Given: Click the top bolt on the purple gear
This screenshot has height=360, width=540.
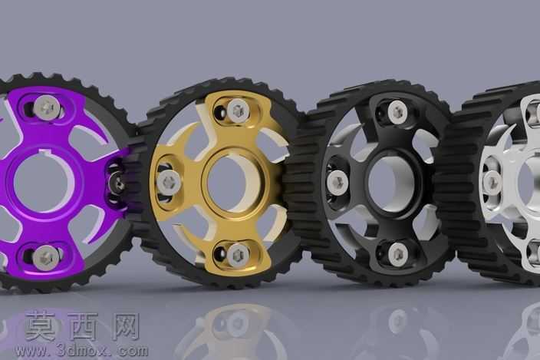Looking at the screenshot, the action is click(x=48, y=107).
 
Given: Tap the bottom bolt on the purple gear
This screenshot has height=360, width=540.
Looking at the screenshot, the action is click(x=46, y=258).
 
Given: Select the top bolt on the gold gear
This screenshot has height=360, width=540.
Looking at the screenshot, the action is click(x=237, y=111).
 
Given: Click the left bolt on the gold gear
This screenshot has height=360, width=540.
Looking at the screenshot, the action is click(x=169, y=182).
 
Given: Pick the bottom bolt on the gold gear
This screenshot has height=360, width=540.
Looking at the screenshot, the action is click(x=238, y=255).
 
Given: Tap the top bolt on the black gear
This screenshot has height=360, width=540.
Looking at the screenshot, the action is click(x=397, y=111).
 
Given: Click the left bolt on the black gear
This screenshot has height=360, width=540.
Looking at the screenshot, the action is click(x=337, y=182).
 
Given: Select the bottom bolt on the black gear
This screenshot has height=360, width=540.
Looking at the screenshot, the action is click(x=398, y=255).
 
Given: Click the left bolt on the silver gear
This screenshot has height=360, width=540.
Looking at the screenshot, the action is click(x=492, y=182).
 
